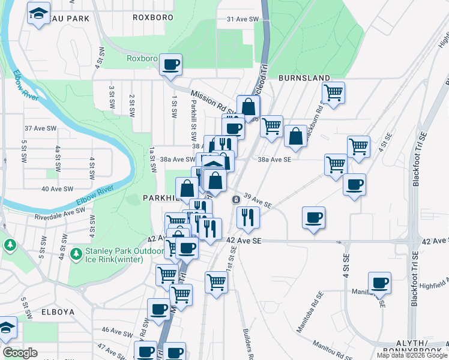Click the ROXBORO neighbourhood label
pos(153,18)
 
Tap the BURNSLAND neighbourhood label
pos(304,78)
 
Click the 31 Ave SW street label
pos(243,19)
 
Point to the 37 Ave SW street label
pos(40,129)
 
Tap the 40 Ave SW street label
pos(57,189)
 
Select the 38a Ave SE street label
pos(274,160)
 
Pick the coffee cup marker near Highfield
pos(379,282)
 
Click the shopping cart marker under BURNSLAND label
pos(333,92)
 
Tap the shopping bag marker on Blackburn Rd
pos(295,136)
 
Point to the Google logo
pos(20,353)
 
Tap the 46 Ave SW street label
pos(112,330)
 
